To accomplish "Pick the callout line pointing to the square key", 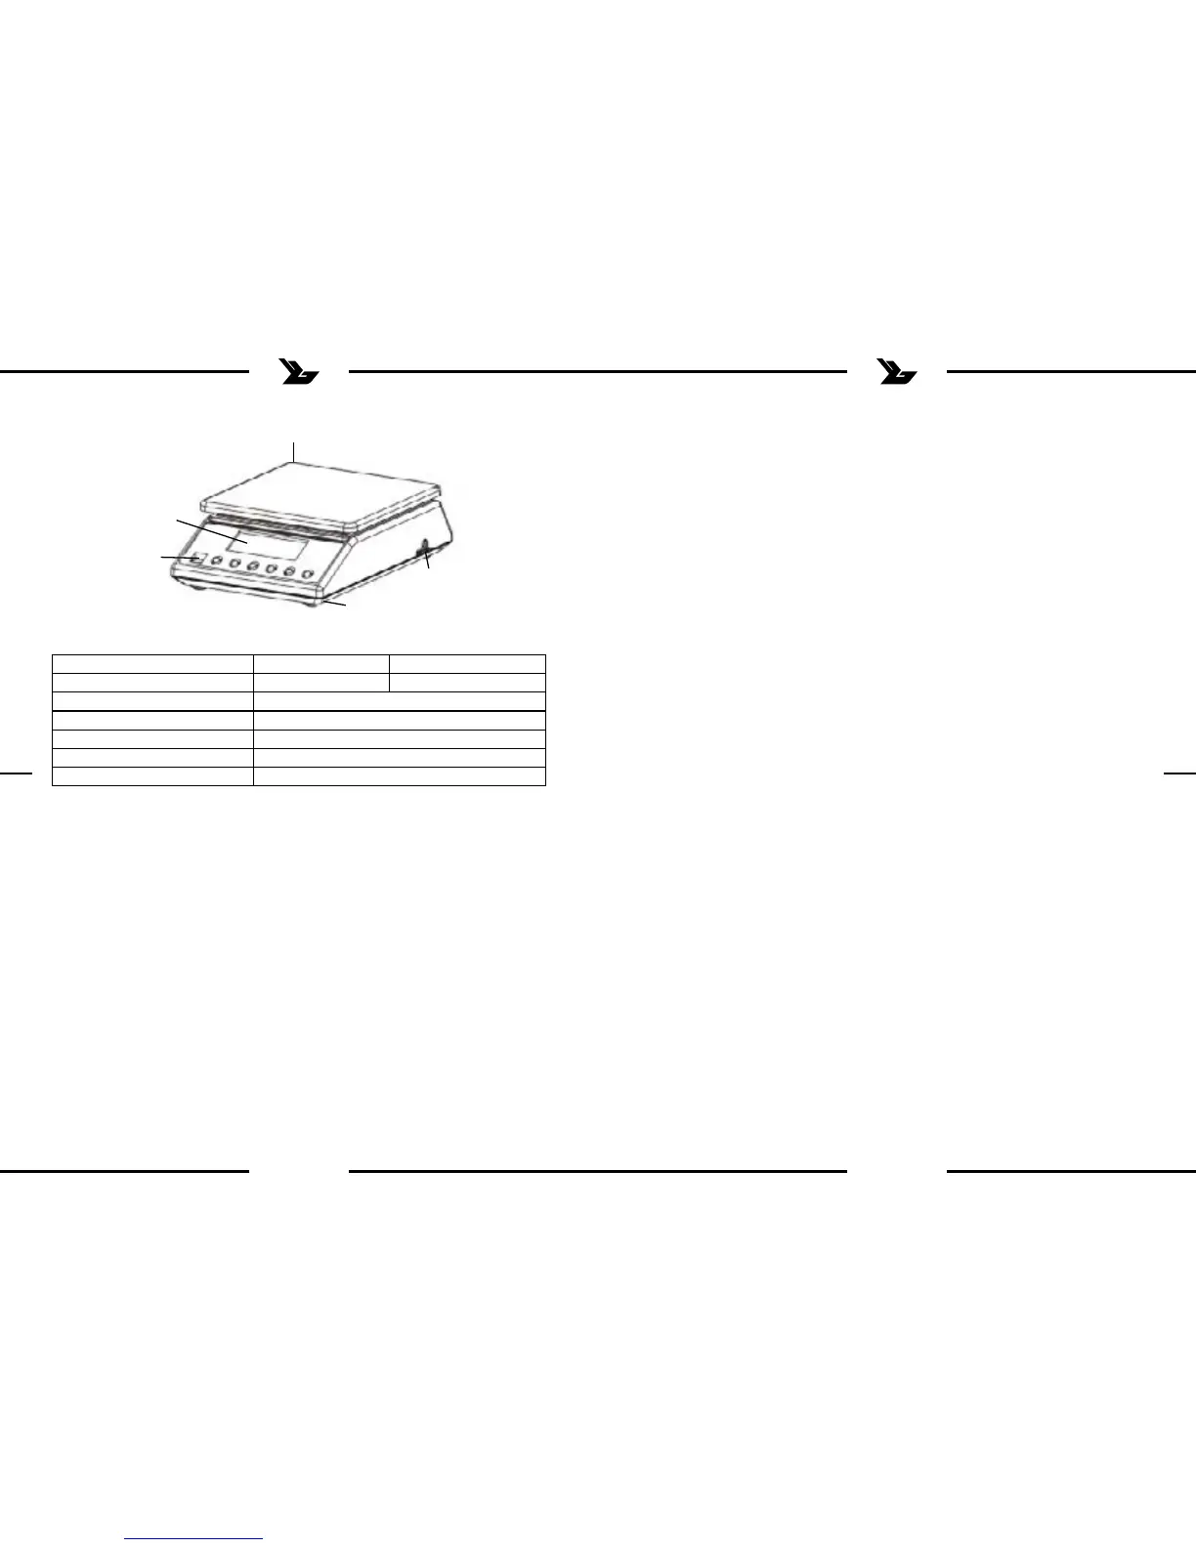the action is point(178,557).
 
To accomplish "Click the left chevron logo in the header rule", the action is point(298,372).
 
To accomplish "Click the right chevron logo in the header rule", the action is point(897,372).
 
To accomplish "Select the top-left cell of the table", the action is point(152,664).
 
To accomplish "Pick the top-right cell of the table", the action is point(467,664).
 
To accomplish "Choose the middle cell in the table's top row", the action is point(320,664).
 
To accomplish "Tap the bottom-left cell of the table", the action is point(152,776).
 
